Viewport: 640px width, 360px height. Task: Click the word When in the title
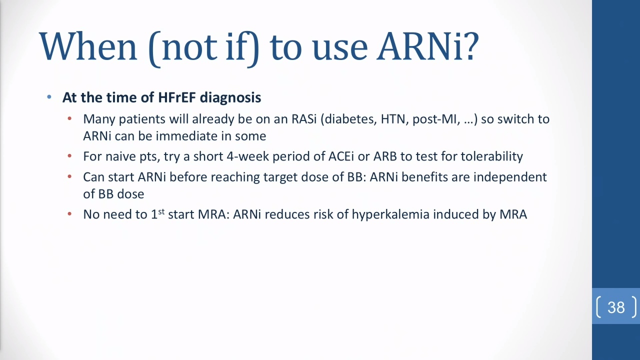coord(88,46)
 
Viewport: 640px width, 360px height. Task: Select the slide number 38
coord(616,307)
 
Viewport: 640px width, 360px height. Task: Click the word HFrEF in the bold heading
coord(176,97)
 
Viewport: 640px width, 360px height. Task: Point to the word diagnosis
coord(230,97)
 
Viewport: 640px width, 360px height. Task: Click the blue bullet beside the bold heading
coord(49,97)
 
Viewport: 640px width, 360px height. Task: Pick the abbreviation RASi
coord(304,119)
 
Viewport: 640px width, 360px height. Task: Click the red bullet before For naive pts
coord(69,156)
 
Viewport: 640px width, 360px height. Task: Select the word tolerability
coord(491,156)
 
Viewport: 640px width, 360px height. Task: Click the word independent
coord(510,177)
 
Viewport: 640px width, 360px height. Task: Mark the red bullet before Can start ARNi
coord(69,176)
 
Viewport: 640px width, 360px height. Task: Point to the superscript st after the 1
coord(161,211)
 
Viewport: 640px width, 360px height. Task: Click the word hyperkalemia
coord(390,214)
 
